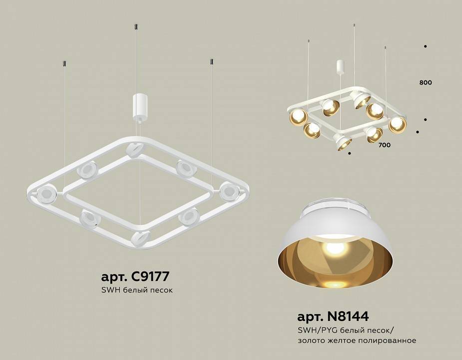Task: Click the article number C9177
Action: tap(135, 276)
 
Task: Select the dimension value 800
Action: tap(426, 82)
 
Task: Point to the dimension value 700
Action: tap(384, 145)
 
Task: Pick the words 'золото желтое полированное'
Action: tap(357, 340)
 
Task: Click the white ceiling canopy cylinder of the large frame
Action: tap(138, 105)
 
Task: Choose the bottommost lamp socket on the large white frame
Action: tap(140, 238)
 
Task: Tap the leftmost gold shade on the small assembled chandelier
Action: tap(298, 117)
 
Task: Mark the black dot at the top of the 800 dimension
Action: tap(425, 46)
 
